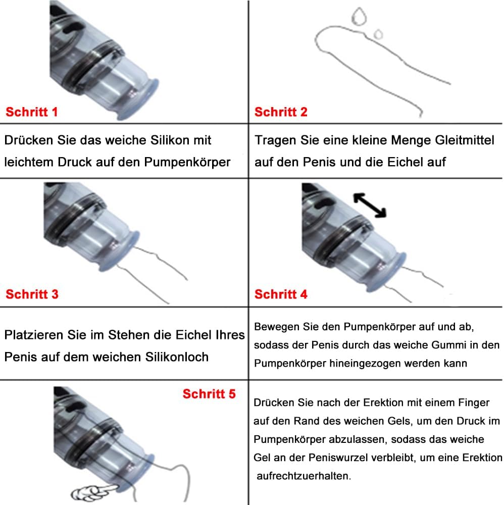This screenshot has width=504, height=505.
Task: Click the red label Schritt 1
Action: (x=31, y=112)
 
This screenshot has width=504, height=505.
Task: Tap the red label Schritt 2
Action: (x=281, y=112)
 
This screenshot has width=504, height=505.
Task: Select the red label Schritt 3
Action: (x=32, y=294)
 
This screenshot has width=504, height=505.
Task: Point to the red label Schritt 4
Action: (x=281, y=294)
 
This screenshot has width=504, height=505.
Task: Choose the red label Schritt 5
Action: (x=209, y=394)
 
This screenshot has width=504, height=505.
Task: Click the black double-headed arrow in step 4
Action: (x=369, y=205)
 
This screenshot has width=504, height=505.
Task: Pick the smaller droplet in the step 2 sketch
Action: (x=377, y=34)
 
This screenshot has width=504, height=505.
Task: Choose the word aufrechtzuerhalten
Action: (x=303, y=476)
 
